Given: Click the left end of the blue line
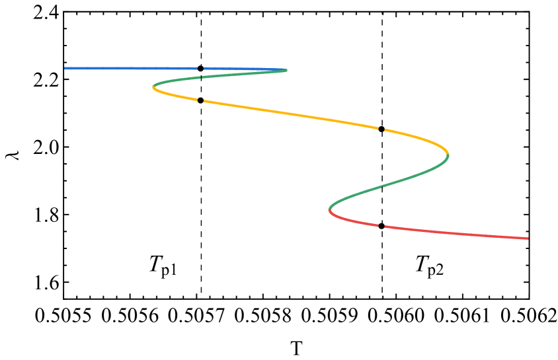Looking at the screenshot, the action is pyautogui.click(x=65, y=68).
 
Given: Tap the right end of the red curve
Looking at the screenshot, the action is pyautogui.click(x=528, y=238).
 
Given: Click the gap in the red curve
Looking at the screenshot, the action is pyautogui.click(x=381, y=226).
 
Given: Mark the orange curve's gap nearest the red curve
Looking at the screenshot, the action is pyautogui.click(x=381, y=129).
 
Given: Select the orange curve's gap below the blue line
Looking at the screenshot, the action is pyautogui.click(x=200, y=100).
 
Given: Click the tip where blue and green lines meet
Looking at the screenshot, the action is pyautogui.click(x=286, y=69).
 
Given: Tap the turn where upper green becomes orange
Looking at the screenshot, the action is pyautogui.click(x=153, y=87).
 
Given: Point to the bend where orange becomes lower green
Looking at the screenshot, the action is pyautogui.click(x=448, y=155).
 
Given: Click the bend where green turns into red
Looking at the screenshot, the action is pyautogui.click(x=329, y=210).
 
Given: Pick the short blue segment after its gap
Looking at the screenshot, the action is pyautogui.click(x=238, y=69).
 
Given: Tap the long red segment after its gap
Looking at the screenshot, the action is pyautogui.click(x=456, y=233).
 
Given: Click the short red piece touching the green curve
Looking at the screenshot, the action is pyautogui.click(x=350, y=221).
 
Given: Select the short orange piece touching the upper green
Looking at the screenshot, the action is pyautogui.click(x=173, y=95).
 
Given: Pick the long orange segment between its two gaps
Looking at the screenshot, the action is pyautogui.click(x=291, y=114).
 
